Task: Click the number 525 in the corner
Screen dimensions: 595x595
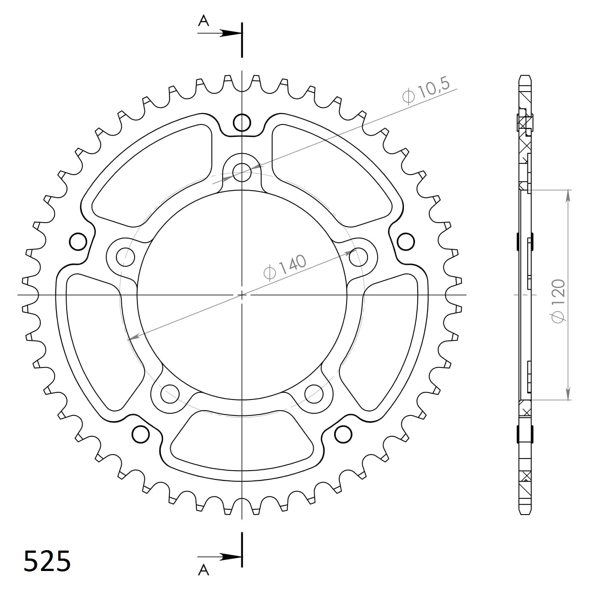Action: [47, 561]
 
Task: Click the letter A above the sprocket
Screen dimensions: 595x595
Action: [204, 20]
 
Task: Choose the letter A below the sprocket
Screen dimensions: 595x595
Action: [204, 569]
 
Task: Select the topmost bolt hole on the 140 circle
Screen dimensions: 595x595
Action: [242, 170]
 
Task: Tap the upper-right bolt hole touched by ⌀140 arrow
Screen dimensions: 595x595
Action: [358, 256]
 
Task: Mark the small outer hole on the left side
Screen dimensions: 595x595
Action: [78, 241]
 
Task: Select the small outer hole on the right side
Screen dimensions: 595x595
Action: [405, 241]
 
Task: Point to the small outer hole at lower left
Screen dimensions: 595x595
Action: [140, 434]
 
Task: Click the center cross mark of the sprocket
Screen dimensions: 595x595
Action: [242, 295]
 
